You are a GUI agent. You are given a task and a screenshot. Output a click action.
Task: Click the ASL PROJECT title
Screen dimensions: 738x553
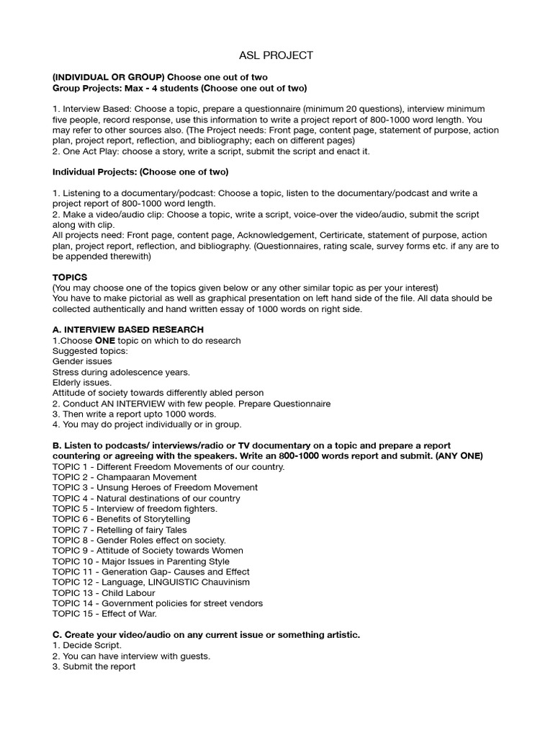(276, 55)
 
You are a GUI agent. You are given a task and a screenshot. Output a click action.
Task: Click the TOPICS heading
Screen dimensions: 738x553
(69, 277)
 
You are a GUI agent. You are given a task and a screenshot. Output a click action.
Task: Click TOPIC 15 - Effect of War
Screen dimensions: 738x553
(104, 613)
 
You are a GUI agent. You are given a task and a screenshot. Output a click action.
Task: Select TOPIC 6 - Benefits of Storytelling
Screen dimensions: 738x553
(121, 519)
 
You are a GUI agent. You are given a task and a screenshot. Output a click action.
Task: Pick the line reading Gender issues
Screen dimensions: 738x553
(82, 361)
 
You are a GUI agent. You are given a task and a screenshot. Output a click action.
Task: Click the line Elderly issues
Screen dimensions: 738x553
(82, 382)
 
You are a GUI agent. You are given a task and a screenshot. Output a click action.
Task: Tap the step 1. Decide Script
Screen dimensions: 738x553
(87, 645)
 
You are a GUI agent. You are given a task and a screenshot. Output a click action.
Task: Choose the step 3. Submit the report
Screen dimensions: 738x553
(94, 667)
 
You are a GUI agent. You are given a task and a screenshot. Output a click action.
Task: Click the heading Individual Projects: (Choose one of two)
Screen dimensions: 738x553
(140, 172)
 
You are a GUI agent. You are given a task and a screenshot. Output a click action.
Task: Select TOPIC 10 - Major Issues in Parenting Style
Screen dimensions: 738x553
(141, 561)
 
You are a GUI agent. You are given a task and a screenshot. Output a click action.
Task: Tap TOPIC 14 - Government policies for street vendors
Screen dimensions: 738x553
(158, 603)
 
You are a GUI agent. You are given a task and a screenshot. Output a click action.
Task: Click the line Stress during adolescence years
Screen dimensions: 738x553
(121, 372)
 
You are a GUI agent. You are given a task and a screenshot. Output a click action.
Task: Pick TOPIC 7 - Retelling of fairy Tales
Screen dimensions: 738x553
(120, 530)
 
